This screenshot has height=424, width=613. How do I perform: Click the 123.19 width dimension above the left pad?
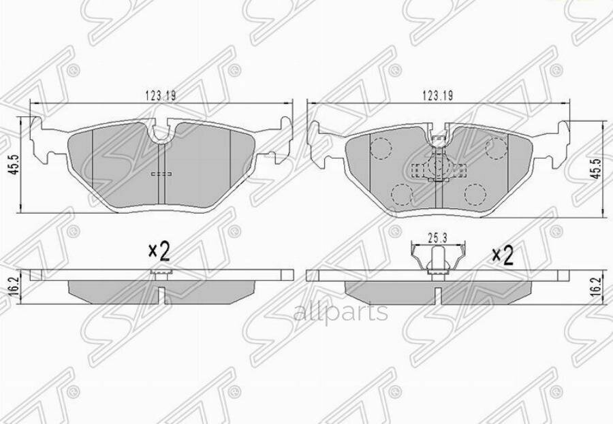pyautogui.click(x=160, y=97)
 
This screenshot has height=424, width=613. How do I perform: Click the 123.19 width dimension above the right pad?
pyautogui.click(x=437, y=97)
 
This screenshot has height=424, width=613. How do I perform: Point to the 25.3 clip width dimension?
pyautogui.click(x=437, y=238)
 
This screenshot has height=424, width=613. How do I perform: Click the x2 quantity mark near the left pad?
pyautogui.click(x=159, y=251)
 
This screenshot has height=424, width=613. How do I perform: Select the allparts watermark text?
pyautogui.click(x=341, y=312)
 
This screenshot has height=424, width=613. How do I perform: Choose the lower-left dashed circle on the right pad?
pyautogui.click(x=402, y=195)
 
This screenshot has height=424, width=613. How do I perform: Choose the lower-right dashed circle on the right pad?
pyautogui.click(x=472, y=195)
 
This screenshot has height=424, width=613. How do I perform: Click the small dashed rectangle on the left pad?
pyautogui.click(x=161, y=174)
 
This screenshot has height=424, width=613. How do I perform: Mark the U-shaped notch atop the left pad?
pyautogui.click(x=161, y=133)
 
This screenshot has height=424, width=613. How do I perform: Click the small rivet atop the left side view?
pyautogui.click(x=161, y=273)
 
